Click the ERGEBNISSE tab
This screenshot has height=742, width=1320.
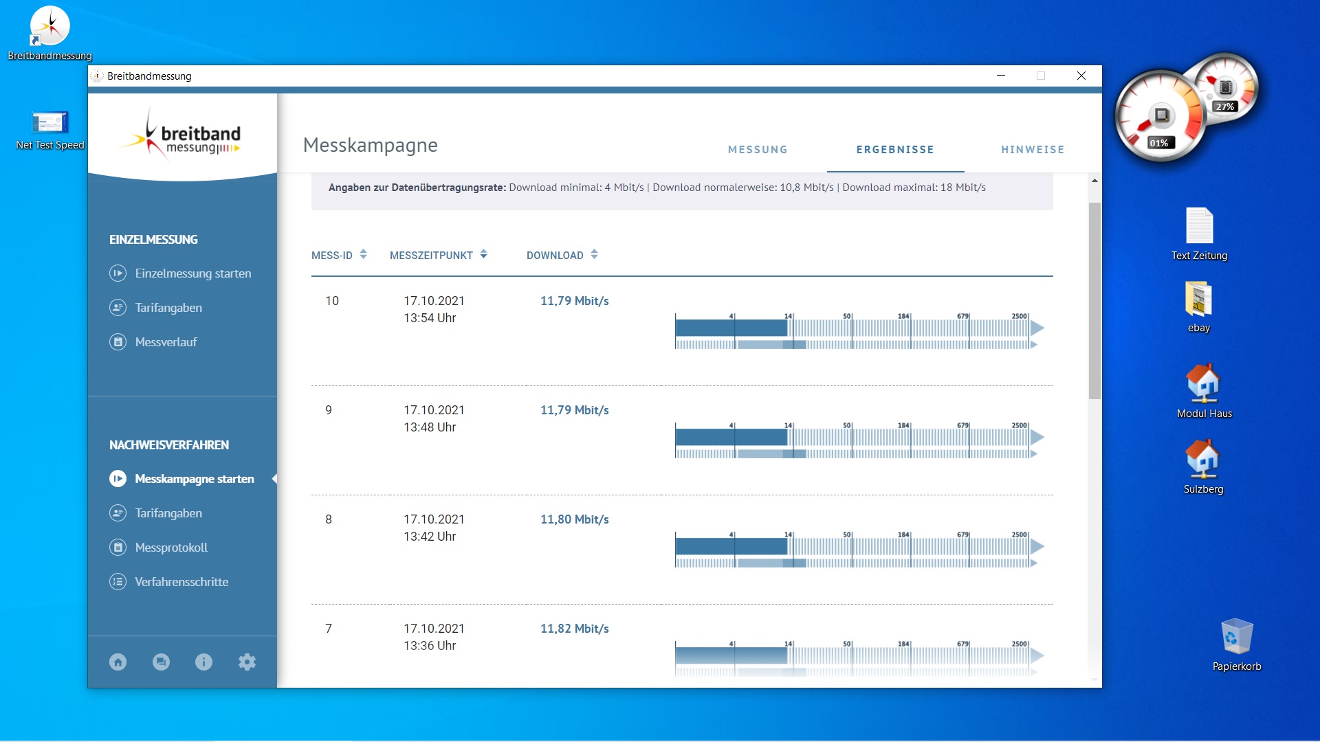(895, 150)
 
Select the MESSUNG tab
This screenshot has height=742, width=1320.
(758, 150)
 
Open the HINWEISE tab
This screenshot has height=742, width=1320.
(1033, 150)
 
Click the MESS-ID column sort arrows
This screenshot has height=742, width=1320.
(363, 254)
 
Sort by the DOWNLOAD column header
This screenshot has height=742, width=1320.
(555, 256)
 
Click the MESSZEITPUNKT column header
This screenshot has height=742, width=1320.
(431, 256)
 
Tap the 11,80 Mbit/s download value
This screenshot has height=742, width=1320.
(575, 519)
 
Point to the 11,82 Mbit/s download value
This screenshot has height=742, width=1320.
(575, 629)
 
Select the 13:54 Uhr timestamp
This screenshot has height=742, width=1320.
(430, 318)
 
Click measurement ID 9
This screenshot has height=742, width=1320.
(329, 410)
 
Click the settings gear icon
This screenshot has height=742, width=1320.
(247, 662)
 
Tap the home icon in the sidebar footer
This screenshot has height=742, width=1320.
(118, 662)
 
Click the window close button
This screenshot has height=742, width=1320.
(1081, 76)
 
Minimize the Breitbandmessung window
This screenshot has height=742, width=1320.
(1001, 76)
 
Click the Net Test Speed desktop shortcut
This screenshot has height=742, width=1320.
(50, 130)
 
